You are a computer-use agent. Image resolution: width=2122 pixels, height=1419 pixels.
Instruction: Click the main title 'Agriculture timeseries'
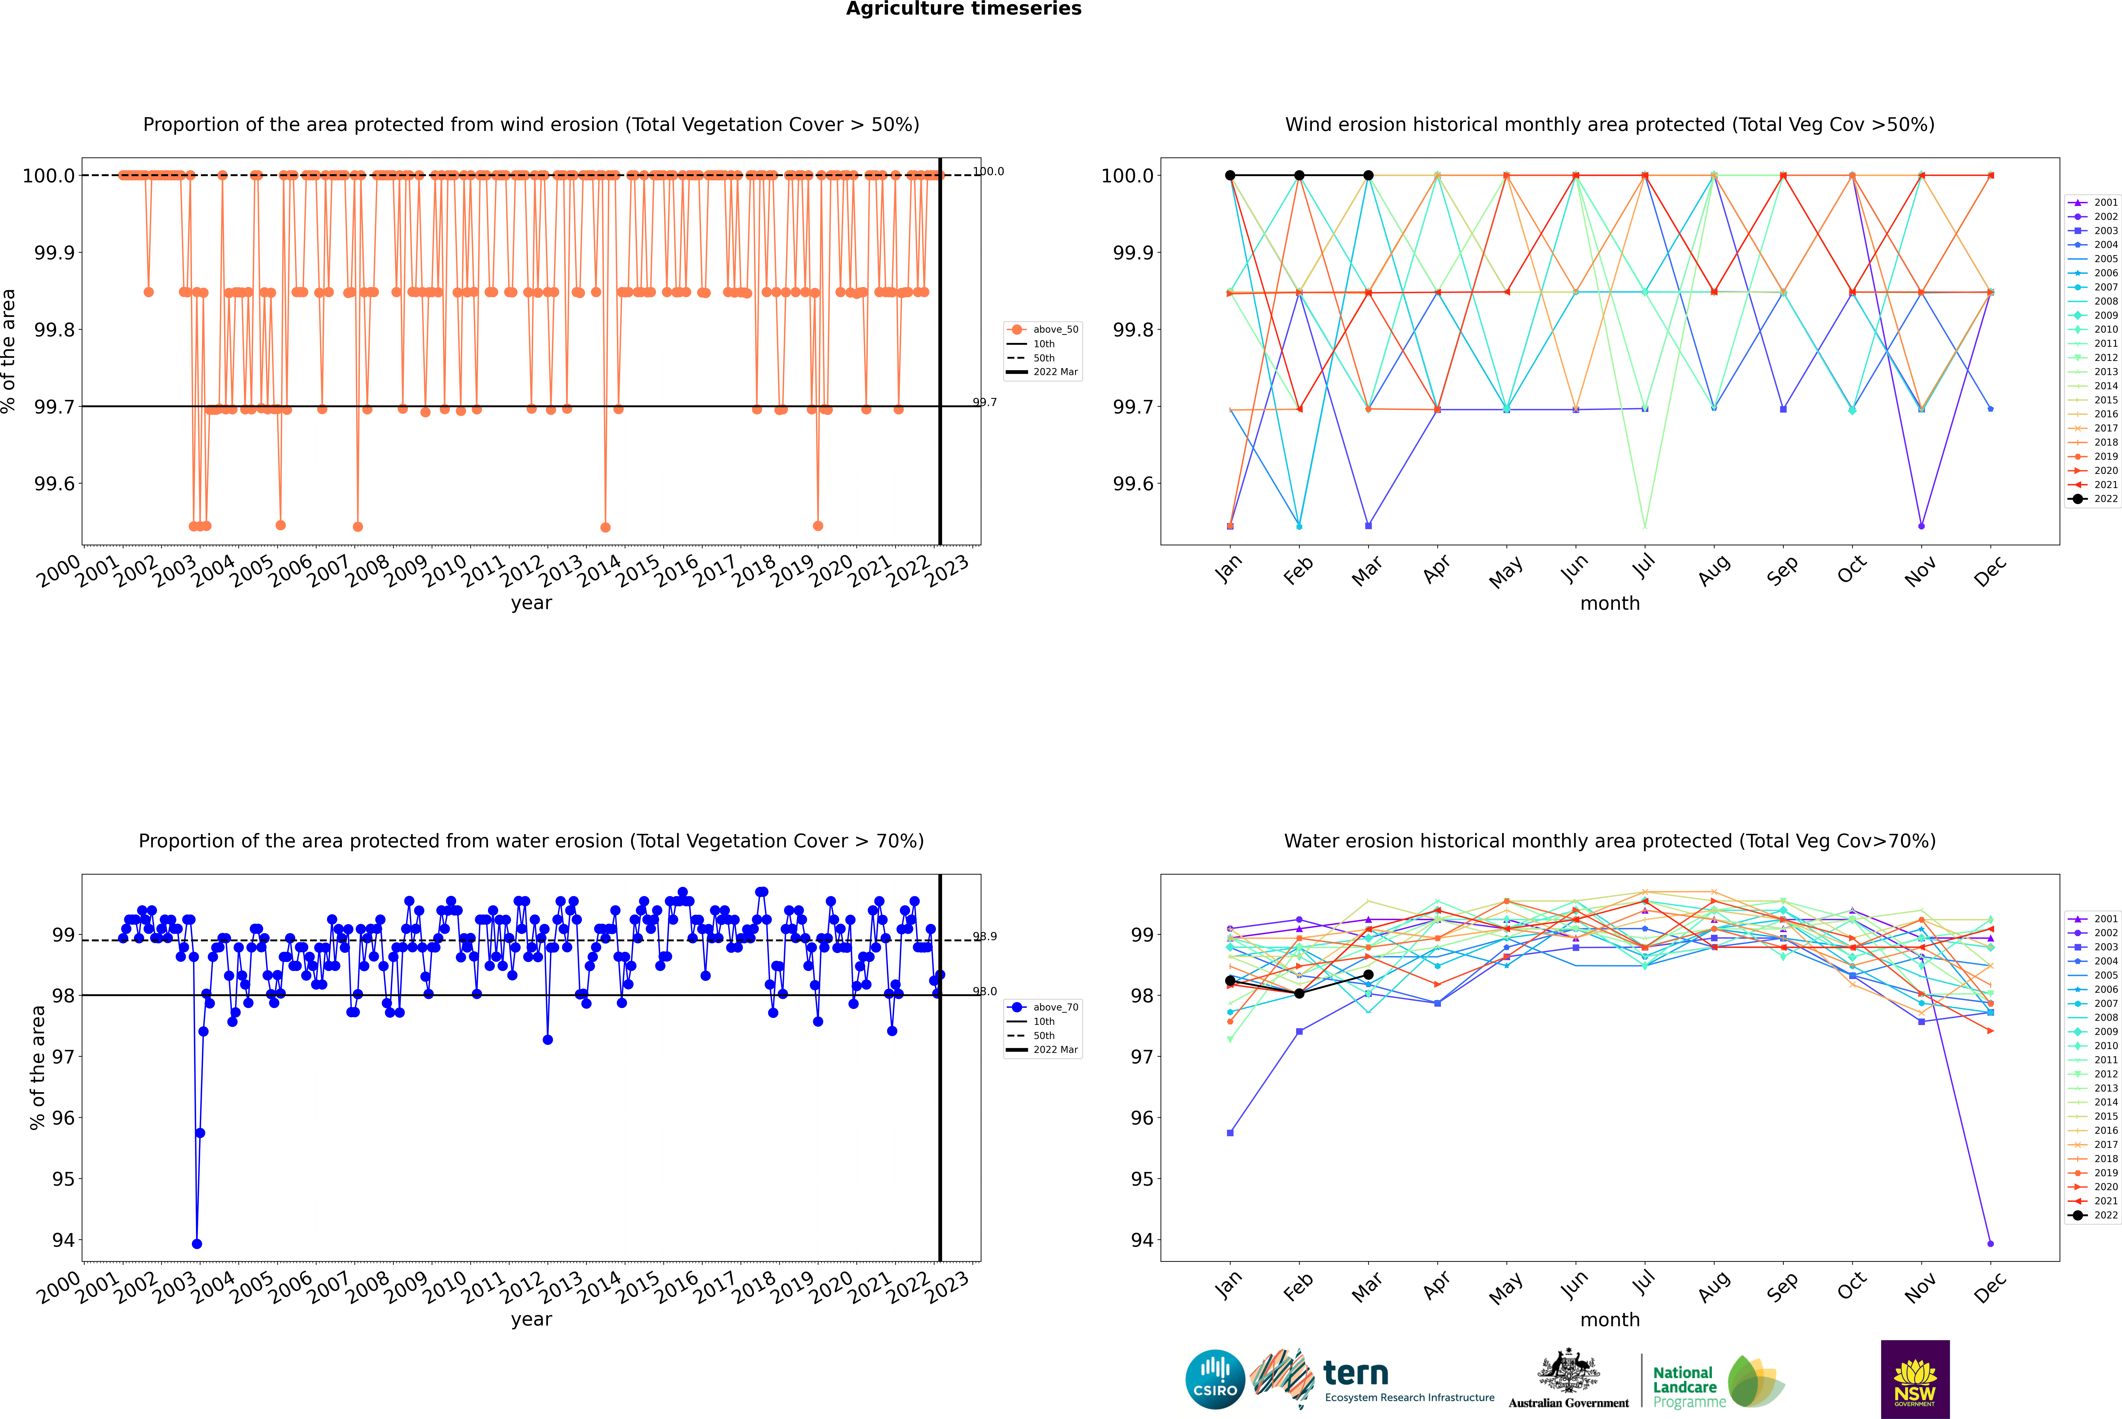[x=963, y=9]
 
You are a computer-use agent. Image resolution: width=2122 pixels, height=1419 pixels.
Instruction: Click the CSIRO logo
[x=1215, y=1379]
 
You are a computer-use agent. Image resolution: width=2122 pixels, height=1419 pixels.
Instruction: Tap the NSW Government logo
[x=1915, y=1379]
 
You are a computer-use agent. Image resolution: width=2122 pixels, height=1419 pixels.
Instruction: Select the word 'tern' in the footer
[x=1355, y=1373]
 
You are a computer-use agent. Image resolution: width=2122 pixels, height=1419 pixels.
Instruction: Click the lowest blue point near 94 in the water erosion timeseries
[x=197, y=1243]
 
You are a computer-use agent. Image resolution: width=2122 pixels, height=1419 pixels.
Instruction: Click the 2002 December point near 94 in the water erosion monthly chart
[x=1990, y=1243]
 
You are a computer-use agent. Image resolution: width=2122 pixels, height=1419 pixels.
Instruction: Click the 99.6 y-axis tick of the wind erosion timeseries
[x=54, y=483]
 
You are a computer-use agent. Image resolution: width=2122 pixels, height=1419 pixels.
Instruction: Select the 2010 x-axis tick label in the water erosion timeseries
[x=445, y=1285]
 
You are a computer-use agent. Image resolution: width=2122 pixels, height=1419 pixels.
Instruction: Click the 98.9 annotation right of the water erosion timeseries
[x=985, y=937]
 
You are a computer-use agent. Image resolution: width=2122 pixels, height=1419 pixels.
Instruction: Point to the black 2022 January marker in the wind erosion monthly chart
[x=1230, y=176]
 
